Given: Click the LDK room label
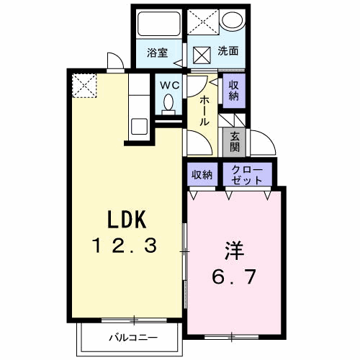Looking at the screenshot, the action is [127, 219].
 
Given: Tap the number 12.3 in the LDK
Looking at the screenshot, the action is [125, 245].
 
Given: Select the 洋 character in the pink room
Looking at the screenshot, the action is [234, 251].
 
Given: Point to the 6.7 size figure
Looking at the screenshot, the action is [233, 276].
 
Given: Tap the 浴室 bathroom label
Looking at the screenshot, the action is [157, 53].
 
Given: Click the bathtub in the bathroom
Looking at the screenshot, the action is [159, 24].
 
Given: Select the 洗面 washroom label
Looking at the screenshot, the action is [228, 51].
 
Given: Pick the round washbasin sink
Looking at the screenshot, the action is [233, 19].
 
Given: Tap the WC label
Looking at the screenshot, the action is [170, 86].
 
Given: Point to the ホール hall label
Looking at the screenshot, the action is [204, 111].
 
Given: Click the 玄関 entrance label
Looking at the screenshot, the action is [235, 142].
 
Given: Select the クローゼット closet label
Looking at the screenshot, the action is [247, 175].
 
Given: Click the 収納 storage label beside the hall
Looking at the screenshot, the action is [234, 91].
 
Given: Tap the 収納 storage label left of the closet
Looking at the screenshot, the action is [202, 175].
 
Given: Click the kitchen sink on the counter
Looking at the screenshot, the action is [139, 127].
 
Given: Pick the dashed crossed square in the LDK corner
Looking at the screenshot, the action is [84, 86].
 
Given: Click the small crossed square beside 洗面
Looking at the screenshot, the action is [202, 55].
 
